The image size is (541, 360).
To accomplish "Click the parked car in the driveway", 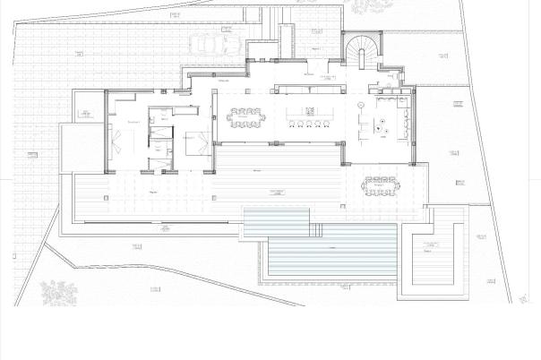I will click(211, 43).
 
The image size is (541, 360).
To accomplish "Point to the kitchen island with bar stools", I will click(306, 116).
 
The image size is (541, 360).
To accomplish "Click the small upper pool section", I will click(278, 219).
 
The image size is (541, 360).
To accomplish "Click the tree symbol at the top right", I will click(366, 7).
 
